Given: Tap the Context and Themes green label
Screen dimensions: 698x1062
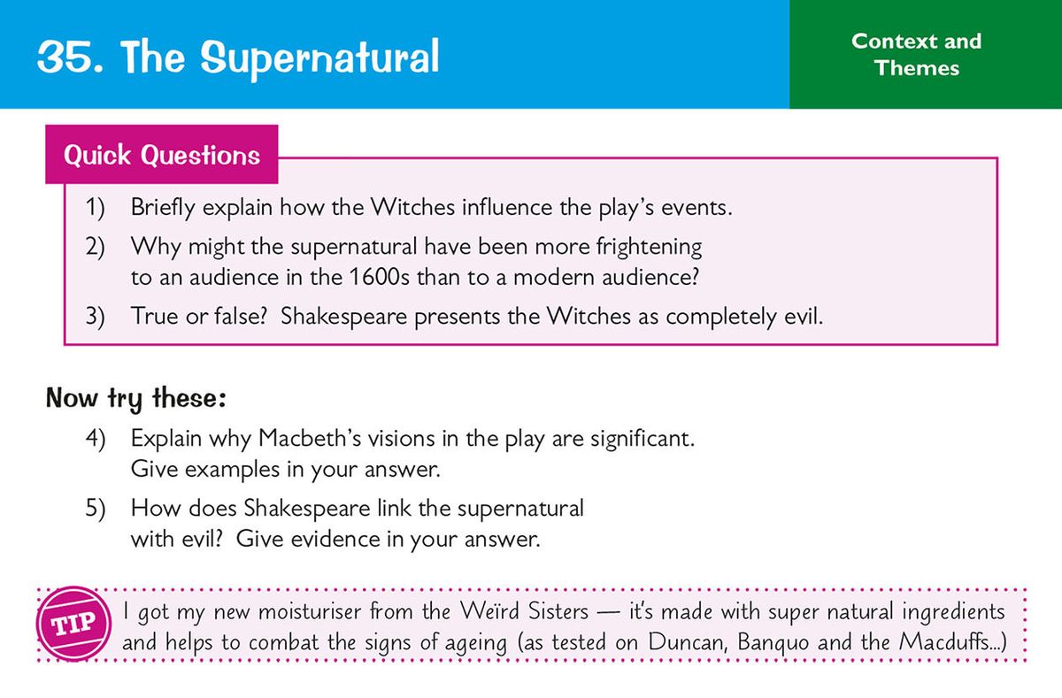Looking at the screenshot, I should coord(916,54).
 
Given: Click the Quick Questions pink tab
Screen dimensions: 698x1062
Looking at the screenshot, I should coord(162,156).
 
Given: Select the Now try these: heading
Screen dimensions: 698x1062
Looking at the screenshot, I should coord(136,398).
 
